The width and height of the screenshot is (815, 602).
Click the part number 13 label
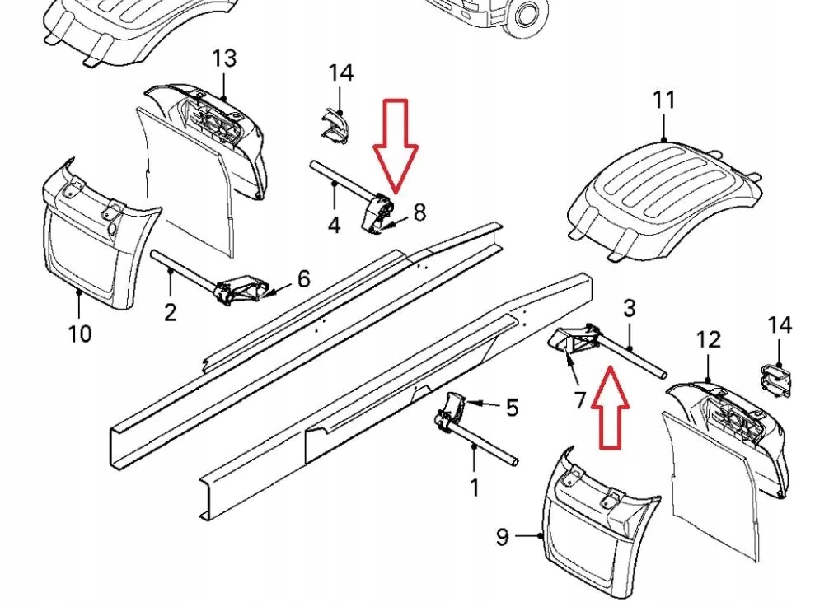click(224, 58)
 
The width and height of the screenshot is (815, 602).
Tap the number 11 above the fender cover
click(663, 99)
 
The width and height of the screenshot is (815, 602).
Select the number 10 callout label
click(80, 334)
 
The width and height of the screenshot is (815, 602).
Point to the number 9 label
click(502, 536)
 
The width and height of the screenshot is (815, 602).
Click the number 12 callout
click(708, 339)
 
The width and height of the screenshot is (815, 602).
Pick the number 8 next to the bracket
click(419, 212)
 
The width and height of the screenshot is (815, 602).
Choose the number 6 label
click(304, 278)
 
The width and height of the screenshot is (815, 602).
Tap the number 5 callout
click(512, 407)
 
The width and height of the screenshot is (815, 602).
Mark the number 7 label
click(581, 400)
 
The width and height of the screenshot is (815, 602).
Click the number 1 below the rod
click(474, 488)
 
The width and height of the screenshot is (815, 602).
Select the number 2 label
click(170, 312)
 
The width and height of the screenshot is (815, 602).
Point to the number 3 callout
click(629, 309)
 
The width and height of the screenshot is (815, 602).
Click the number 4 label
click(335, 225)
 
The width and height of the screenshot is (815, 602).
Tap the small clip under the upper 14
click(334, 127)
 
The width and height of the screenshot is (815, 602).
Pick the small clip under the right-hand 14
click(775, 379)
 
